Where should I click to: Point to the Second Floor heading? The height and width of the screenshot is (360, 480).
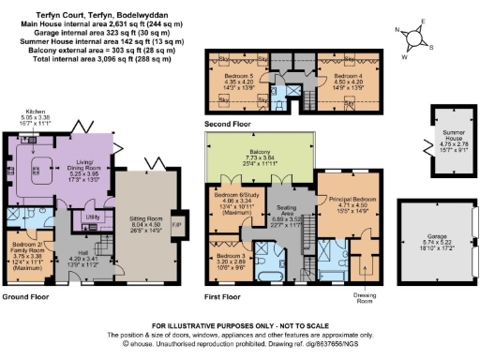click(229, 122)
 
